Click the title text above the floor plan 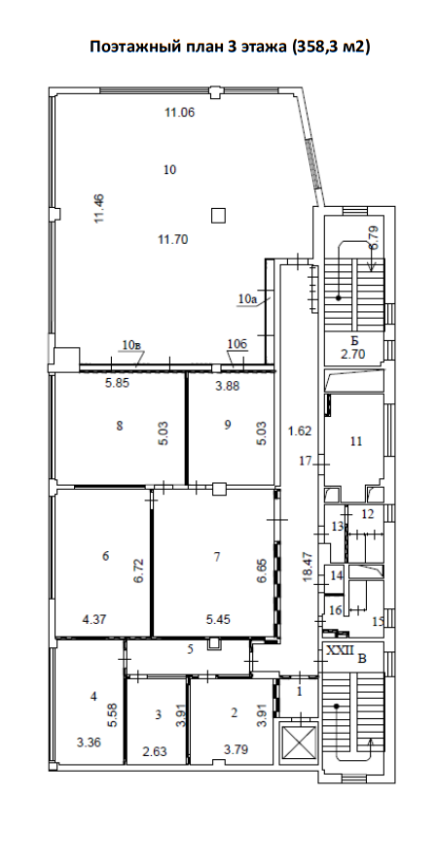coord(230,47)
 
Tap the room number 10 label coord(169,170)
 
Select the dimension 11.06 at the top coord(181,113)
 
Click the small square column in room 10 coord(219,215)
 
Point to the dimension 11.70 coord(173,239)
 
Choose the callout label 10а coord(248,299)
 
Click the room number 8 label coord(120,425)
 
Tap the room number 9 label coord(227,425)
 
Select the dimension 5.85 coord(117,385)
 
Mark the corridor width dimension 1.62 coord(300,431)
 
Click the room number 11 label coord(356,441)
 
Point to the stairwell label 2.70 coord(353,354)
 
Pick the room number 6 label coord(105,556)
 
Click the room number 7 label coord(217,557)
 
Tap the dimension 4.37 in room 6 coord(94,620)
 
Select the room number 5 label coord(190,649)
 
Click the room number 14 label coord(337,575)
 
